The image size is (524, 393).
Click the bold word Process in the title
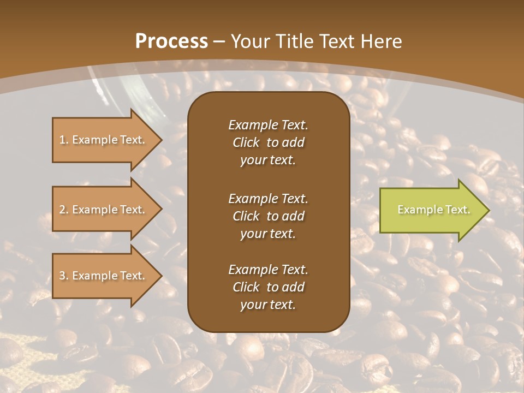click(x=171, y=41)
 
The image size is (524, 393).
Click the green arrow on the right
click(x=431, y=210)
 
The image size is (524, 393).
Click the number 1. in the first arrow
click(x=64, y=140)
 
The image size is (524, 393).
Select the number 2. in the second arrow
click(x=64, y=210)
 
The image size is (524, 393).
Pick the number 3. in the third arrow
click(x=64, y=276)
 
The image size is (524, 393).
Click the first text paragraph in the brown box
click(x=268, y=142)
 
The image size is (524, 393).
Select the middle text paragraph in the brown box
click(x=268, y=216)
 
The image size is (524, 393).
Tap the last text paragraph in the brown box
click(x=268, y=287)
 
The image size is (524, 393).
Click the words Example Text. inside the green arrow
click(x=433, y=210)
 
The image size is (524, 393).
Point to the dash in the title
click(x=219, y=41)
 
